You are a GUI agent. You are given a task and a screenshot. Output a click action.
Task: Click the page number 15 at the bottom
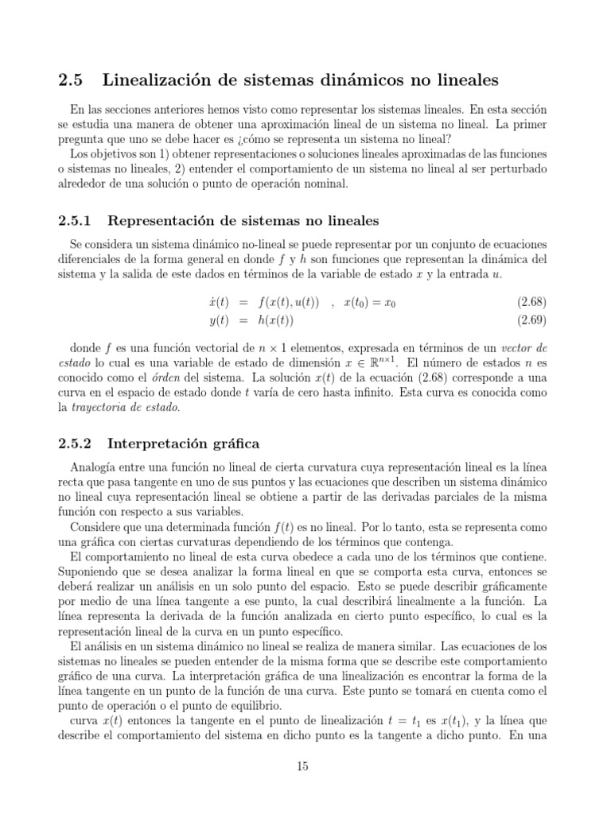coord(302,766)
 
